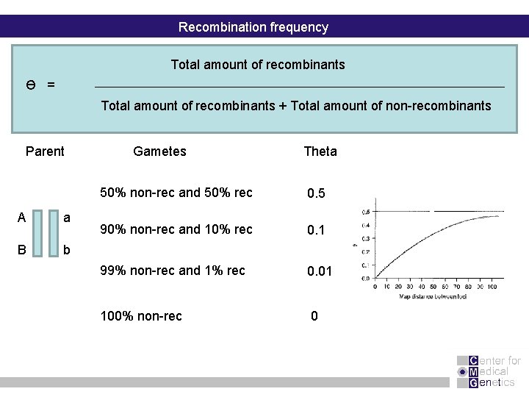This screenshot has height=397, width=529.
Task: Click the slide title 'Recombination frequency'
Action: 253,27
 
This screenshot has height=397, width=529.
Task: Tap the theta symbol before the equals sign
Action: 32,85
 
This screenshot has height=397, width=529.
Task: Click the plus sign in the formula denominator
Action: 283,106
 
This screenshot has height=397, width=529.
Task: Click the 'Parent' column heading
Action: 45,151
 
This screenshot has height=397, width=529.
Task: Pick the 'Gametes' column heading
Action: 159,151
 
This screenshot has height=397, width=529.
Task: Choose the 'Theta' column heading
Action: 320,151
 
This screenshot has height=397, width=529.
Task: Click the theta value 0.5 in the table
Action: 317,194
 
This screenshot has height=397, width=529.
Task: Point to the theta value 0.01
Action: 320,271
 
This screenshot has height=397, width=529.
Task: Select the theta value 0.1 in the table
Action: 317,231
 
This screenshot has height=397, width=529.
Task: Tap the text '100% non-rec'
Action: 141,317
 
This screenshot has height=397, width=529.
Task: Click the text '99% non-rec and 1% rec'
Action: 173,270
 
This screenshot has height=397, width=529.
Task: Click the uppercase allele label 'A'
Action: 21,218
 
